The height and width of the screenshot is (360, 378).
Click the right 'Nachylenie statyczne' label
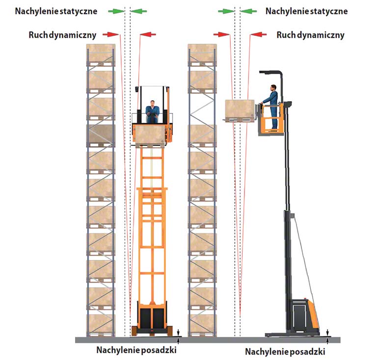tap(306, 11)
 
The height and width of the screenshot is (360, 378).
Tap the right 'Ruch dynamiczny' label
tap(310, 35)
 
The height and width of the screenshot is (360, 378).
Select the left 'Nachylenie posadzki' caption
tap(136, 350)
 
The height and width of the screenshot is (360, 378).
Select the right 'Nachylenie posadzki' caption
tap(285, 352)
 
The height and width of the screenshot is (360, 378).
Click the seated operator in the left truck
tap(152, 112)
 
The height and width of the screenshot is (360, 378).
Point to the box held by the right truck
tap(240, 110)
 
